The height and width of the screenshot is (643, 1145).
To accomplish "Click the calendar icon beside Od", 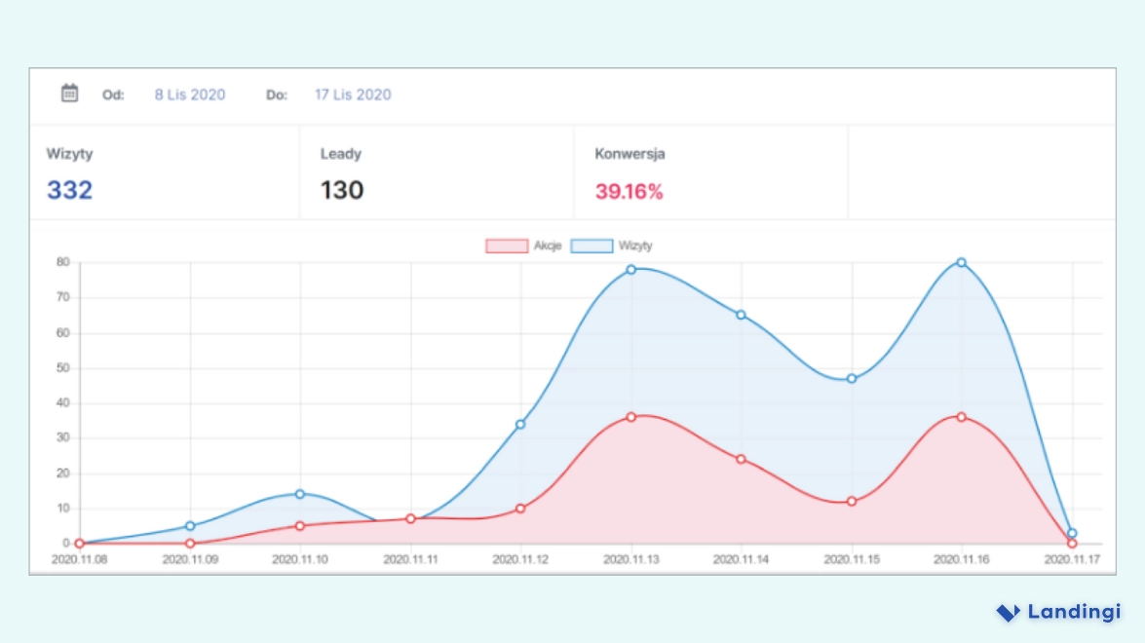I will click(70, 94).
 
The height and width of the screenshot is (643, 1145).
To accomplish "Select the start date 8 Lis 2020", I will click(190, 95).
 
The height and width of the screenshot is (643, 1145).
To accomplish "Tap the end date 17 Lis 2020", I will click(353, 95).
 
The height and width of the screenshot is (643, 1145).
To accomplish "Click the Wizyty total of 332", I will click(69, 190).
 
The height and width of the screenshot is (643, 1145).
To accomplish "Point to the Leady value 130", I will click(342, 190).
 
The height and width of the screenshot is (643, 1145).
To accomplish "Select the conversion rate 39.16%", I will click(629, 192).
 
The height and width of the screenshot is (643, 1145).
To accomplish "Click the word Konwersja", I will click(630, 154).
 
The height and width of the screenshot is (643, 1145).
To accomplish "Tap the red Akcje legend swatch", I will click(506, 246).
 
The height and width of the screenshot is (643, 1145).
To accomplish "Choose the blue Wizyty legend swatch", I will click(592, 246).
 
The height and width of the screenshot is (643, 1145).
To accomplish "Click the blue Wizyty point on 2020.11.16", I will click(961, 262).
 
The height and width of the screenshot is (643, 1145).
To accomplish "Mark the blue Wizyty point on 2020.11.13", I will click(631, 269).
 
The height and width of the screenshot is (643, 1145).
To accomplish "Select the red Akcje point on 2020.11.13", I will click(631, 417).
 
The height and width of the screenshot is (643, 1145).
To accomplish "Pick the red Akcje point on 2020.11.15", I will click(852, 502).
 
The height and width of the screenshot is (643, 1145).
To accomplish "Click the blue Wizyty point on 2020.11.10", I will click(300, 494).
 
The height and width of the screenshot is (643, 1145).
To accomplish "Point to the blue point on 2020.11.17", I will click(1072, 533).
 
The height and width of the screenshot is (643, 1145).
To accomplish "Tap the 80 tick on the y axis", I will click(62, 262).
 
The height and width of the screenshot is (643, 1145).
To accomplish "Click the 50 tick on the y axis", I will click(62, 368).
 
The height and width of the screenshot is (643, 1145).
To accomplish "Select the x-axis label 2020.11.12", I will click(520, 560).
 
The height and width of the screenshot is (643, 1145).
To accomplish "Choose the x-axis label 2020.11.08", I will click(79, 560).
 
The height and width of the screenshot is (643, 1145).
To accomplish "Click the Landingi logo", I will click(1058, 612).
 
